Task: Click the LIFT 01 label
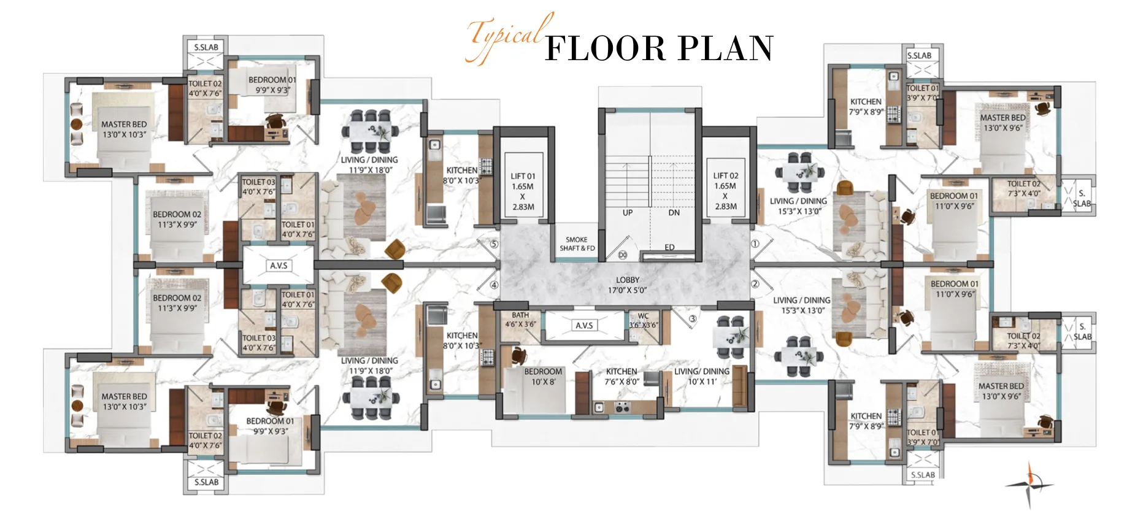(523, 175)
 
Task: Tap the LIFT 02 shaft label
(725, 175)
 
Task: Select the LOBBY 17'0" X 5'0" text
(627, 285)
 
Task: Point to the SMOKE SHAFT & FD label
(577, 244)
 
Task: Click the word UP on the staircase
(627, 213)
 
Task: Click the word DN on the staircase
(674, 213)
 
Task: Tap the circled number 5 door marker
(494, 244)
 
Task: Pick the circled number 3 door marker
(693, 319)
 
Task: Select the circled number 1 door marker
(755, 244)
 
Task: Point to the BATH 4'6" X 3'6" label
(520, 320)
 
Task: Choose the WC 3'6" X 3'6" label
(643, 320)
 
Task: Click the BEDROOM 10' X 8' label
(543, 376)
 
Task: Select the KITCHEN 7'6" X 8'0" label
(621, 376)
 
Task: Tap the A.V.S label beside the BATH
(584, 326)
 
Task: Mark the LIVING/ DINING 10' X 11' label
(701, 376)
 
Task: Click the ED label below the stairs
(669, 247)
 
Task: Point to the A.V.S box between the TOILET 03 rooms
(279, 266)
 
